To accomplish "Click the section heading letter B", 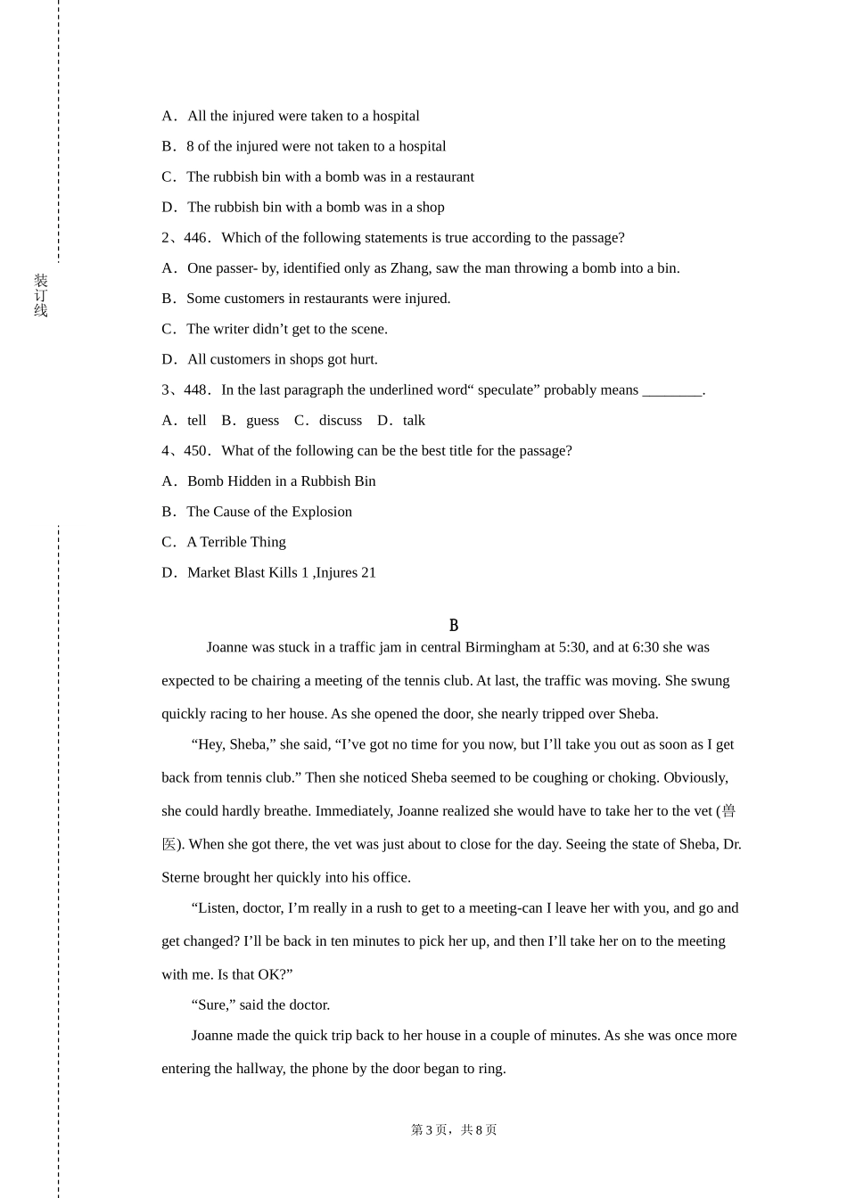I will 454,626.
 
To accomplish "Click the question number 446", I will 195,238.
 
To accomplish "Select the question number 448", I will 195,390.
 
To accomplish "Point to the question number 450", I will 195,451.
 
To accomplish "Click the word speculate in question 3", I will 506,390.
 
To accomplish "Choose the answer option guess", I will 262,421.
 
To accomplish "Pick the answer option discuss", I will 341,421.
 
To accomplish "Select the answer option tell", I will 196,421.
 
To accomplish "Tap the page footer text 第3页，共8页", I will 454,1130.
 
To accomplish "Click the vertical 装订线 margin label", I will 41,296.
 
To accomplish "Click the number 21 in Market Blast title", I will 368,573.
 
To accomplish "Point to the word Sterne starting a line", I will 180,878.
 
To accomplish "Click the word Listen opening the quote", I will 218,908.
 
